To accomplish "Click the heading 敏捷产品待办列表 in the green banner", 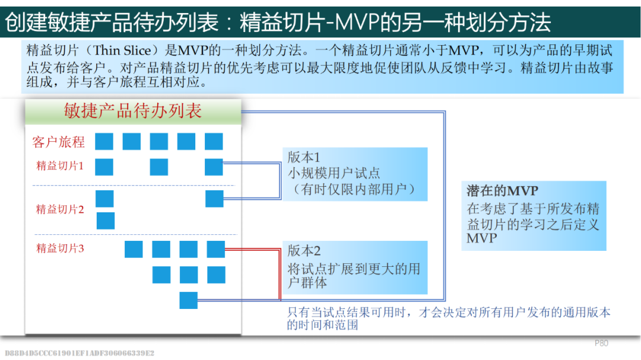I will pos(133,111).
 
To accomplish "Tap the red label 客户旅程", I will pos(58,142).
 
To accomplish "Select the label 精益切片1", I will pos(60,166).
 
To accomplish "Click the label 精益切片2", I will pos(60,209).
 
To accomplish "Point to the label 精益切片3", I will pos(60,248).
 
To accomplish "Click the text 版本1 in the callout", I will pos(304,158).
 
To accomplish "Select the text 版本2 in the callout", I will pos(304,251).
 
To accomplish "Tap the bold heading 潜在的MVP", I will pos(502,191).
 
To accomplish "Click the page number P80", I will pos(601,343).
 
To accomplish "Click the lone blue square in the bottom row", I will pos(189,301).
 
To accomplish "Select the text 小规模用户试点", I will pos(334,174).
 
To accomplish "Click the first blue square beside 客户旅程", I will pos(104,141).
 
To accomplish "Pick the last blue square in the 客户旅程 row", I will pos(214,141).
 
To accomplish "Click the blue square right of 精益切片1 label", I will pos(104,167).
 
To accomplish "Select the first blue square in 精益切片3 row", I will pos(134,249).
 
